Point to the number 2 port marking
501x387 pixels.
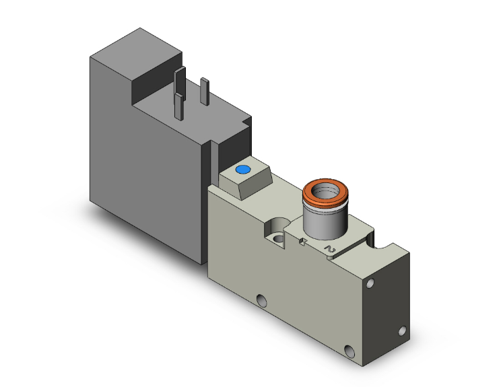tap(330, 250)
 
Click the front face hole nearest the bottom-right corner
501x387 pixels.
tap(349, 351)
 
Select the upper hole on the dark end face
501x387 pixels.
tap(368, 285)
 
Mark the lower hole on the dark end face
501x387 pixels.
tap(402, 331)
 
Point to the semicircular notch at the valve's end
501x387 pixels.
tap(385, 238)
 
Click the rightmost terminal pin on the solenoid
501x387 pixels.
tap(205, 92)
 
